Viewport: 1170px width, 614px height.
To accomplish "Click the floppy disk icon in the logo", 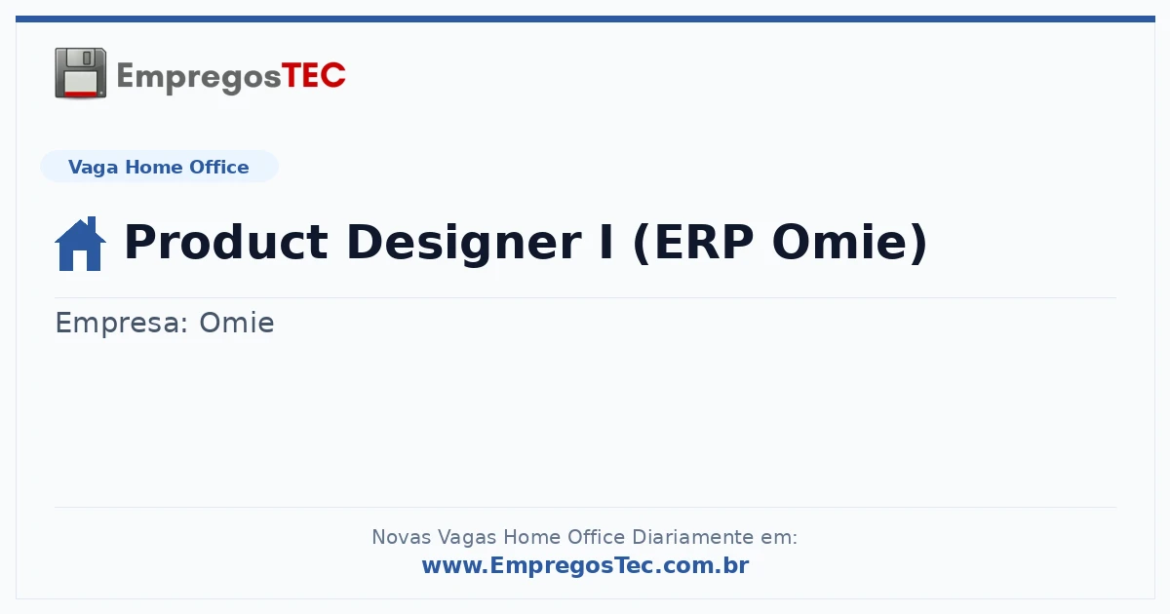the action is (80, 73).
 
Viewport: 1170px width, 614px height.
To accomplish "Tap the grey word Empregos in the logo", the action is (199, 77).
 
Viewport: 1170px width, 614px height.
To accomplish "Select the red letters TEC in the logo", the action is (313, 75).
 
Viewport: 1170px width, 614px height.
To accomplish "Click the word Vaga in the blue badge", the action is (93, 168).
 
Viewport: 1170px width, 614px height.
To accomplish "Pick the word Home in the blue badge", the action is (154, 167).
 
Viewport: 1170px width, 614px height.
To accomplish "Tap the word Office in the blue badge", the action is (218, 167).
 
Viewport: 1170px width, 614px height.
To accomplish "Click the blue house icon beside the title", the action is (80, 244).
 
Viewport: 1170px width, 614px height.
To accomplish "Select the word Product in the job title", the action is (226, 242).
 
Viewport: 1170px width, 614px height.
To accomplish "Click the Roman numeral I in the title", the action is (605, 242).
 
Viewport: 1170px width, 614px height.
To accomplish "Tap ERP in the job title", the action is (693, 242).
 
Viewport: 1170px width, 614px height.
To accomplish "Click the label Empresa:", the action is (122, 323).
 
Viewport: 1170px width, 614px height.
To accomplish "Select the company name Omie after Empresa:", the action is (237, 323).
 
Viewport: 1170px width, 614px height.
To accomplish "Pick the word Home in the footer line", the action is (531, 537).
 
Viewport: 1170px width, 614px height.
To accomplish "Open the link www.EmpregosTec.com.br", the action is (586, 566).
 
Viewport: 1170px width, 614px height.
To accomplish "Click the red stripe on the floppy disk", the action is (81, 94).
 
